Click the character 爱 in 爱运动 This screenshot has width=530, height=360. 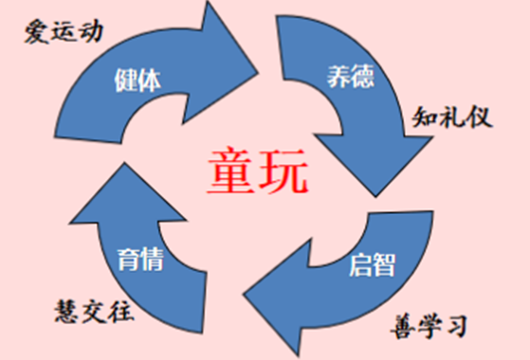[x=36, y=36]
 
